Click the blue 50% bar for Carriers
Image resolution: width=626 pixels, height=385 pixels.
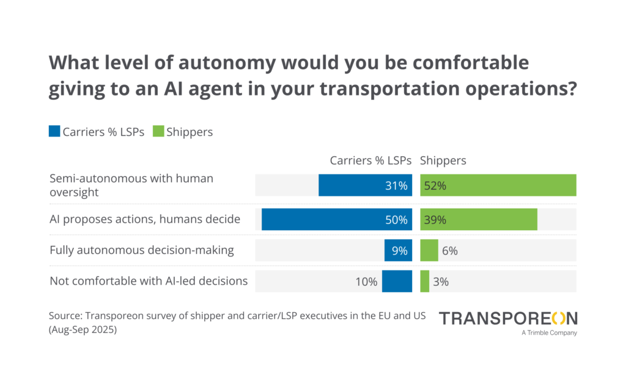click(337, 219)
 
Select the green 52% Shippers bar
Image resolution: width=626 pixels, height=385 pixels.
click(498, 185)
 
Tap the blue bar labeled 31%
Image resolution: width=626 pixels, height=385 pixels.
click(366, 185)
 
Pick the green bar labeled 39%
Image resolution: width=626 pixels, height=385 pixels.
click(479, 219)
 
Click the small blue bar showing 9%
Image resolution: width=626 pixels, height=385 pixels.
click(399, 250)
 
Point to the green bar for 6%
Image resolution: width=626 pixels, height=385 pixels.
click(429, 250)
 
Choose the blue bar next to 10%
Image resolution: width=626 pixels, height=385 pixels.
click(397, 282)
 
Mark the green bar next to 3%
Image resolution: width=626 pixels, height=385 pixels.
click(425, 282)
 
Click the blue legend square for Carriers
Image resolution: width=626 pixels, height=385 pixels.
click(54, 132)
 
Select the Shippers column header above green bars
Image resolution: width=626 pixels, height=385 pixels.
click(443, 160)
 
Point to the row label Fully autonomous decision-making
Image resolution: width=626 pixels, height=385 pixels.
click(142, 250)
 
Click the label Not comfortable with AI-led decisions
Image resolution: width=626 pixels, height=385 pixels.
click(149, 281)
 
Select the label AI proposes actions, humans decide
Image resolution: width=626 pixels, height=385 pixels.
click(145, 219)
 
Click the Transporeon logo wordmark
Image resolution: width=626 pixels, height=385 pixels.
click(508, 318)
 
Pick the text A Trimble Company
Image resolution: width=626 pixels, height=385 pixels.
click(549, 333)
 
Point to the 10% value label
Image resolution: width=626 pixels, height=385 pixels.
click(367, 282)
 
